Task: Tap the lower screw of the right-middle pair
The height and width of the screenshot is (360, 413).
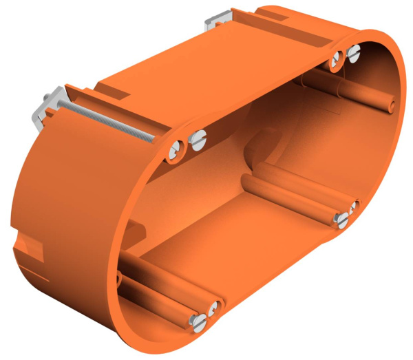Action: point(342,220)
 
